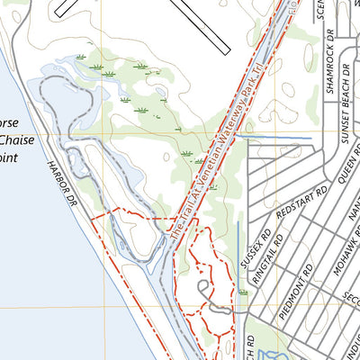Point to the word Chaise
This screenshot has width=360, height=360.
17,139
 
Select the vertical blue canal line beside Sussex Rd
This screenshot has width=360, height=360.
238,252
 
